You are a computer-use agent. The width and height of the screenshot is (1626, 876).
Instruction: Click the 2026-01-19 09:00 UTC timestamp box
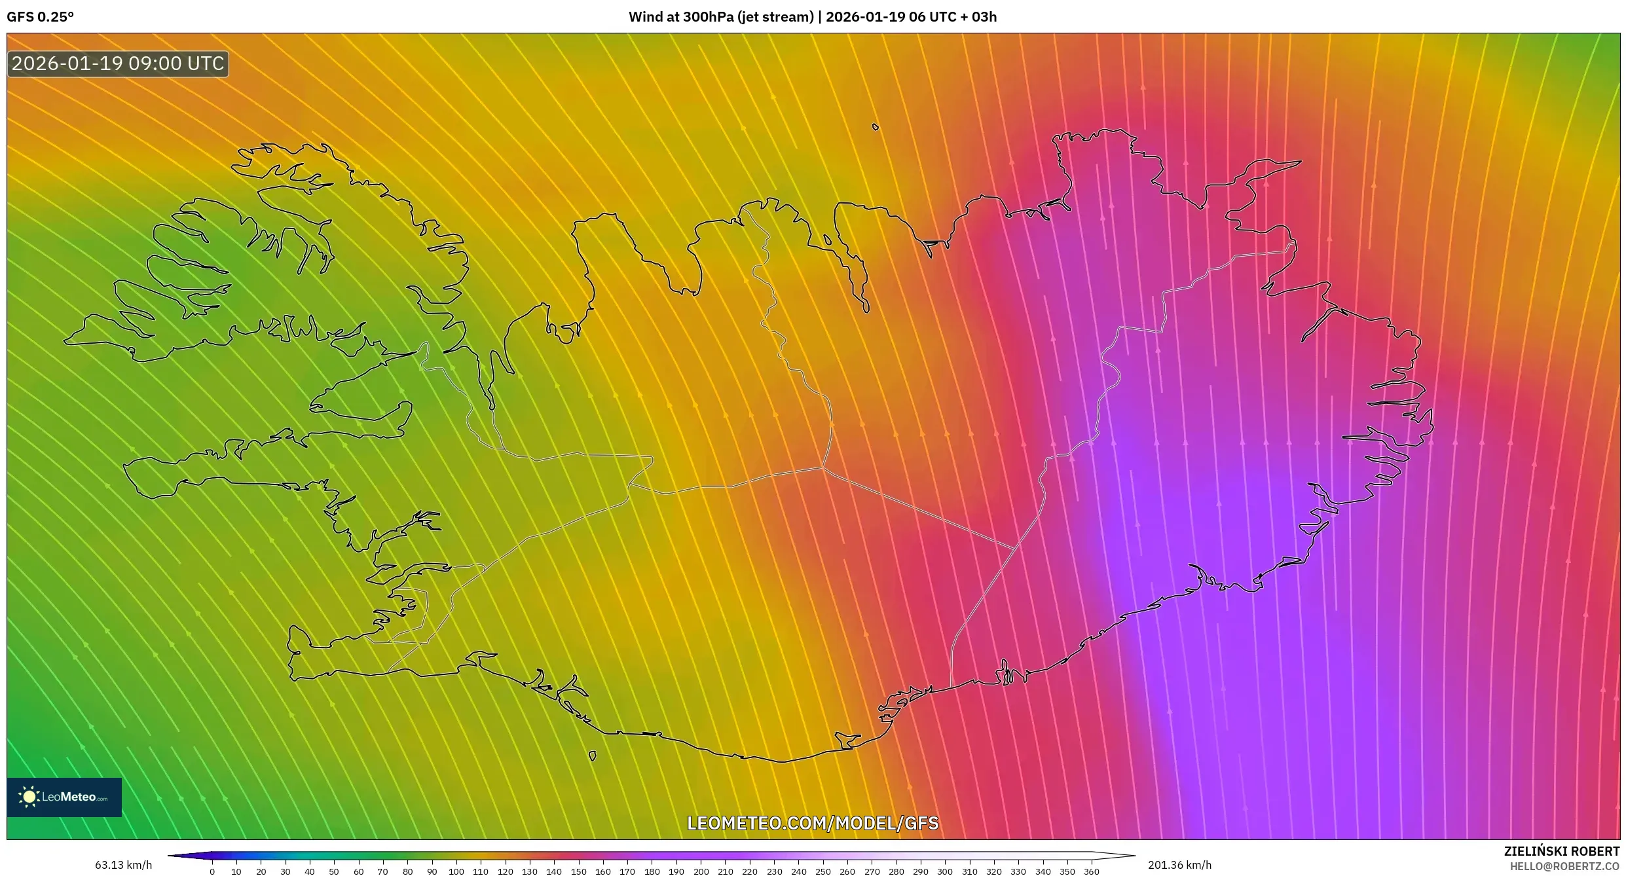click(x=118, y=64)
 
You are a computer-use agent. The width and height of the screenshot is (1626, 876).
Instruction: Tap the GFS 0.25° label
click(x=40, y=17)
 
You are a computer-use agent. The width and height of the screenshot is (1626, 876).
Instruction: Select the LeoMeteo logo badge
click(x=64, y=797)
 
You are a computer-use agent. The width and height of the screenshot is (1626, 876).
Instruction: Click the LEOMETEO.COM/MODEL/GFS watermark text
click(x=813, y=823)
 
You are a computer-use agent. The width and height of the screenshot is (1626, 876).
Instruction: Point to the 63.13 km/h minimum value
click(x=123, y=865)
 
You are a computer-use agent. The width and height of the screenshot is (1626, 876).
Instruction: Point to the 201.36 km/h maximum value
click(x=1179, y=865)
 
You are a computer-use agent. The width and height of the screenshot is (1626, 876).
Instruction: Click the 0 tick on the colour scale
click(x=212, y=871)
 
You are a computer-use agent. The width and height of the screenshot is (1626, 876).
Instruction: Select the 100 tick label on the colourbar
click(x=456, y=871)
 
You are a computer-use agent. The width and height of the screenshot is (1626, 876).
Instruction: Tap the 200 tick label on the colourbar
click(x=701, y=871)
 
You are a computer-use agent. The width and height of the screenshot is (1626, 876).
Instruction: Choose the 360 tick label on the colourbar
click(x=1092, y=871)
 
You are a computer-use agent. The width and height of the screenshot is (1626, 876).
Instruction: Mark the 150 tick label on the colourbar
click(x=578, y=871)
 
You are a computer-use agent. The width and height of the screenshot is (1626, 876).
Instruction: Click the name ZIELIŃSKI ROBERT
click(x=1561, y=851)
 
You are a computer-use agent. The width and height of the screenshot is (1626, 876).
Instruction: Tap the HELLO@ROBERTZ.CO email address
click(x=1564, y=866)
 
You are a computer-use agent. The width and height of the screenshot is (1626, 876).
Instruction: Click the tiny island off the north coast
click(x=876, y=127)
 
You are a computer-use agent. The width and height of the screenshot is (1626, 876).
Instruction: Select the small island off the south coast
click(x=593, y=756)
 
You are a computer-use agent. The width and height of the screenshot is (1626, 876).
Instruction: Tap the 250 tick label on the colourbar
click(x=823, y=871)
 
